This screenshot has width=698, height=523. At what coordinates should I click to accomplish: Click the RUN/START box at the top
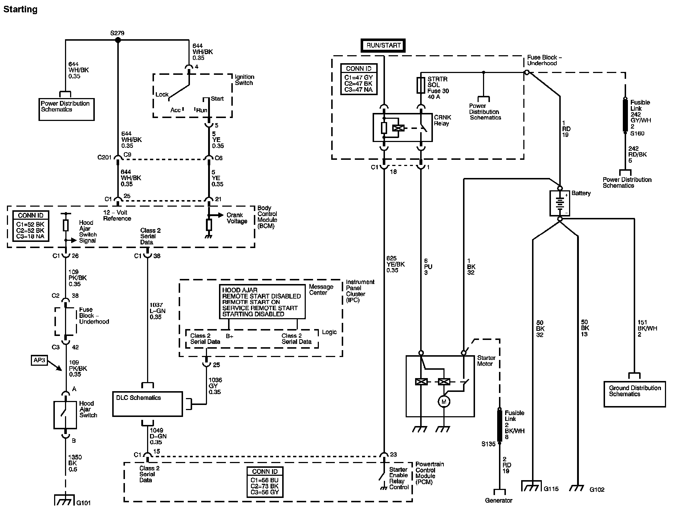pos(384,45)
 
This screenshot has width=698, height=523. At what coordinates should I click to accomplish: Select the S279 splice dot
pos(118,40)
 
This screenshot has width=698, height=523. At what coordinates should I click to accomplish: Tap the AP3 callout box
pos(39,361)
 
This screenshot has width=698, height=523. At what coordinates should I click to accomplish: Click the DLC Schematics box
pos(147,404)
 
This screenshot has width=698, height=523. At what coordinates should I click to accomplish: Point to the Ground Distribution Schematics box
pos(634,394)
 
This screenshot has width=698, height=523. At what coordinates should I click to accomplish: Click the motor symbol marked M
pos(443,402)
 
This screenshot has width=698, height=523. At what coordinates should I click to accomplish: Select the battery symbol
pos(560,203)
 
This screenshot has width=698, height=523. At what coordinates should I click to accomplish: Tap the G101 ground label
pos(84,503)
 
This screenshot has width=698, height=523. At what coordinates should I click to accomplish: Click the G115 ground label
pos(551,489)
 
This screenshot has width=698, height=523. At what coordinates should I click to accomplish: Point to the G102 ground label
pos(597,490)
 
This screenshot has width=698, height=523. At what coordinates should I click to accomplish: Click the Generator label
pos(499,500)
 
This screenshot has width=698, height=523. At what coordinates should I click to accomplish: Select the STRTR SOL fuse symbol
pos(421,85)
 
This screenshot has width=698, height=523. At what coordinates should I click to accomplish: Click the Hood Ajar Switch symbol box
pos(65,415)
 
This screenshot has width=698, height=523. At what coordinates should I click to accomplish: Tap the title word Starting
pos(20,9)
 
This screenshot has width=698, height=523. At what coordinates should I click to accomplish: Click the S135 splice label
pos(488,444)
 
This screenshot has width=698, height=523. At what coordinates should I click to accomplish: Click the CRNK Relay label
pos(442,121)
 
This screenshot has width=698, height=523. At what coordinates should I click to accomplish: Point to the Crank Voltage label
pos(237,218)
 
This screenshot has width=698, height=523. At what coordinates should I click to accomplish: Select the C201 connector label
pos(104,158)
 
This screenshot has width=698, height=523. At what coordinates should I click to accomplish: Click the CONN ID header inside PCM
pos(265,471)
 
